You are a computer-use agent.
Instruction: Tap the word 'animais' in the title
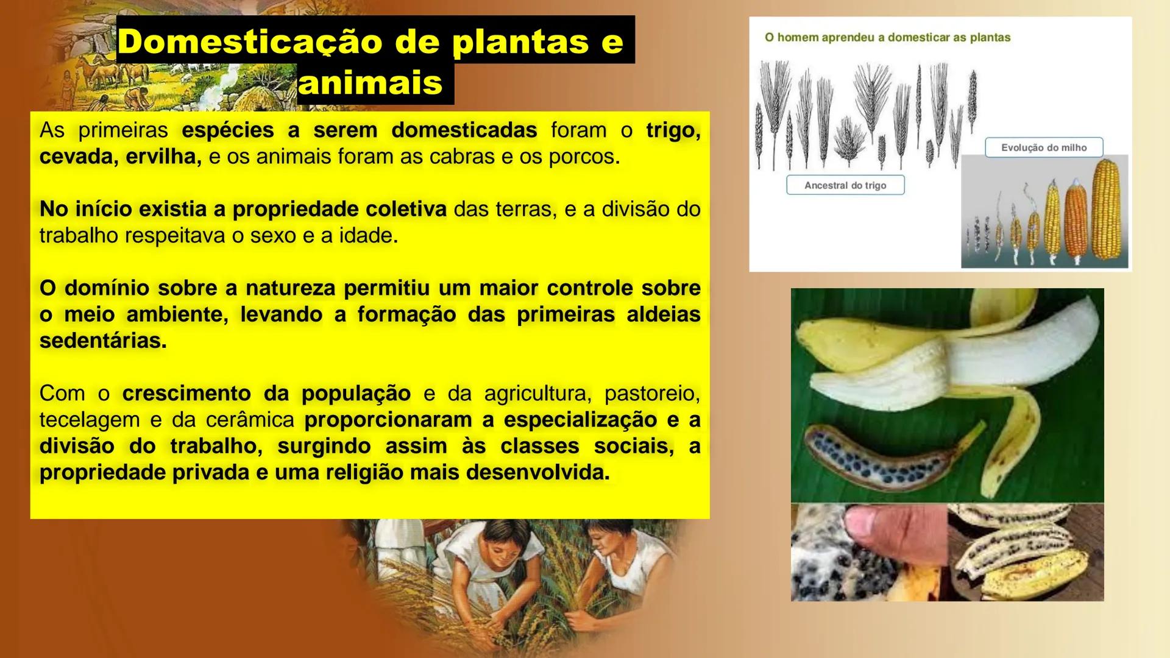[x=370, y=83]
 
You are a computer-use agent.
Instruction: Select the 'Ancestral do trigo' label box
[x=845, y=185]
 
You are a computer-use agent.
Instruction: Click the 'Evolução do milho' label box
[x=1044, y=147]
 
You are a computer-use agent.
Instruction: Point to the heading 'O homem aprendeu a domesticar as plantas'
[x=887, y=37]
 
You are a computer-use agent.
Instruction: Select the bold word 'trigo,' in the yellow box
[x=673, y=130]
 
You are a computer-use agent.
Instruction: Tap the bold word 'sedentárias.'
[x=103, y=341]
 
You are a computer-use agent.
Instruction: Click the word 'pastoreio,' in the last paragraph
[x=651, y=394]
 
